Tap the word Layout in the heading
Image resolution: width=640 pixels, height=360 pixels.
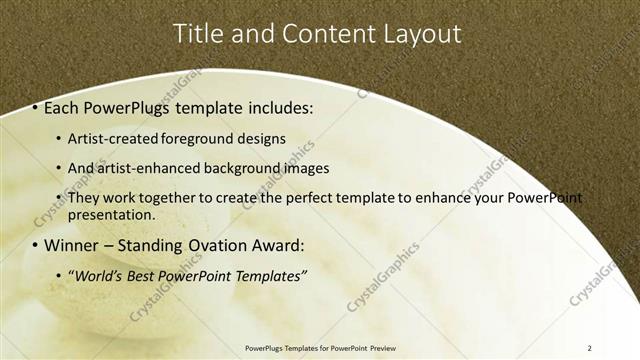click(x=420, y=33)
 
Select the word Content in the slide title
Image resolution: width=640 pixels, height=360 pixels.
click(x=322, y=33)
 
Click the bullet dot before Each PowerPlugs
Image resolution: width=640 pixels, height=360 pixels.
click(x=36, y=105)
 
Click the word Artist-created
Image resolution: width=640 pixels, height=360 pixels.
click(x=111, y=138)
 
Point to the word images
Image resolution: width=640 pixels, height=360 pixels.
click(x=302, y=168)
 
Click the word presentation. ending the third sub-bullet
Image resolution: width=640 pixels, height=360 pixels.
click(x=111, y=214)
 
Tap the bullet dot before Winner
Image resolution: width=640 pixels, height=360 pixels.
click(x=36, y=245)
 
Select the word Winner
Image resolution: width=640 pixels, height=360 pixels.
click(x=72, y=245)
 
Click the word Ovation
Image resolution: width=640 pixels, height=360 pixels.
click(x=212, y=245)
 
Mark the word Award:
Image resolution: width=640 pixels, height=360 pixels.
click(x=273, y=245)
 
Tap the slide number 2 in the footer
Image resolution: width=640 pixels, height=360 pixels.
click(x=589, y=348)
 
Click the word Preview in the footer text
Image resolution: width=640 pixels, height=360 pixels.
click(x=389, y=348)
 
